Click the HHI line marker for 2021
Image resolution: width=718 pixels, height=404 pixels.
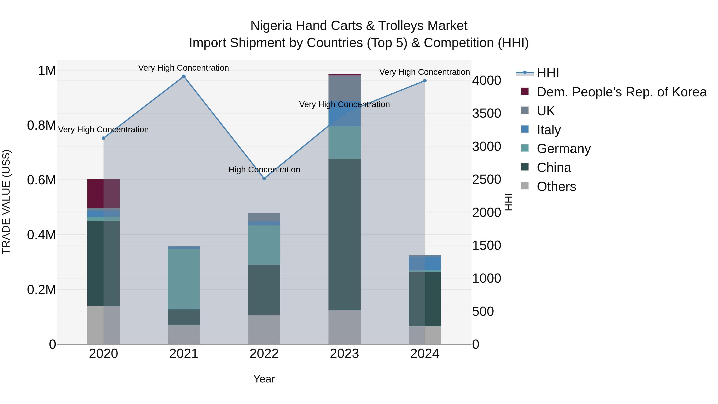click(184, 76)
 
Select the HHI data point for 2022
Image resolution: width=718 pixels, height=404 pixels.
click(264, 178)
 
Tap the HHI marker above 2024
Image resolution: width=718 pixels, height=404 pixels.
click(425, 81)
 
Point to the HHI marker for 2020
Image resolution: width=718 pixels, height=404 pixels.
click(103, 138)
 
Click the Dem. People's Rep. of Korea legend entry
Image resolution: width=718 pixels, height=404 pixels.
click(621, 92)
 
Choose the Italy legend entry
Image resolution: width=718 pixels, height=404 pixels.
click(548, 130)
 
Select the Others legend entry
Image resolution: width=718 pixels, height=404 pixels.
click(556, 187)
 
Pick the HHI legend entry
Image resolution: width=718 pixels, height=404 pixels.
click(548, 73)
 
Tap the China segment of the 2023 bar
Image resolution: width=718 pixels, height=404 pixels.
click(344, 234)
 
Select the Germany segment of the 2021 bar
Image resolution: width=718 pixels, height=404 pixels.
click(184, 279)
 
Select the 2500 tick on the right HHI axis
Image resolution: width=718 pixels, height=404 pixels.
click(487, 180)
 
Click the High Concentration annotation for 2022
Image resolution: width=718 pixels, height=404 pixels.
click(264, 170)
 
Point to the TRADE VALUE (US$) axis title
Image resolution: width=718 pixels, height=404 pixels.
click(6, 202)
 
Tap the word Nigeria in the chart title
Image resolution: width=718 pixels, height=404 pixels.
click(271, 26)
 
